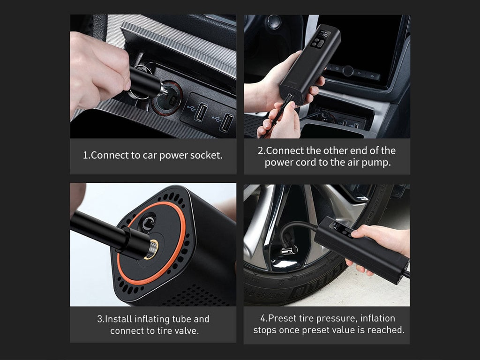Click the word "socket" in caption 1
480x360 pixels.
click(206, 155)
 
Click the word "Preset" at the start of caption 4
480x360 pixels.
click(280, 318)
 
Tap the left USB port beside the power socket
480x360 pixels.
click(201, 112)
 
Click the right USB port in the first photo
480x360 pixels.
click(227, 122)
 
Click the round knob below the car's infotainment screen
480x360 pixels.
click(348, 71)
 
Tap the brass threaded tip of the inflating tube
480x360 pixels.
click(152, 249)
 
